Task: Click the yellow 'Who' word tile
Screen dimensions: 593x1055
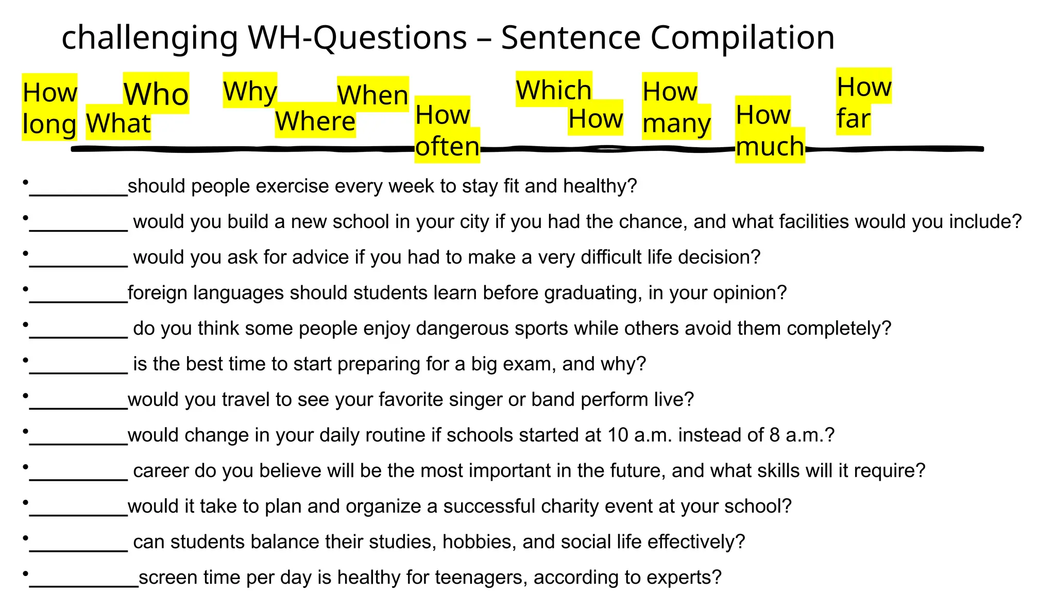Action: tap(156, 94)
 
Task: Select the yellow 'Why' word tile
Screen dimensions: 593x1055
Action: tap(250, 91)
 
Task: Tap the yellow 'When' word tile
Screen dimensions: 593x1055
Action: tap(372, 95)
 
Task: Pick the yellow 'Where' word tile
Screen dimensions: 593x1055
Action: tap(315, 121)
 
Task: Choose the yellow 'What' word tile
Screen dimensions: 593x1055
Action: tap(118, 124)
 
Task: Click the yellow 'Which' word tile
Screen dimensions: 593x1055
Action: tap(554, 90)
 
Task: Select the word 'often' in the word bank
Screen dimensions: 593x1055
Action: tap(447, 146)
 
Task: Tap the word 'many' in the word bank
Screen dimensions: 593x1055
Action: tap(676, 124)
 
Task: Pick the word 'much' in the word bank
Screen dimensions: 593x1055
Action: tap(770, 146)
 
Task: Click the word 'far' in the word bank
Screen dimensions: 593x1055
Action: tap(853, 118)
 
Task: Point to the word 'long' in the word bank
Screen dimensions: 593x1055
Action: tap(49, 124)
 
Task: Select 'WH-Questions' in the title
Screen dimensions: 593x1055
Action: tap(357, 38)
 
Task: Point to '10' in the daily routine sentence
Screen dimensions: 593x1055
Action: tap(618, 435)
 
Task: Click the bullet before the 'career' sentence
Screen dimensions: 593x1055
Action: tap(25, 467)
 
